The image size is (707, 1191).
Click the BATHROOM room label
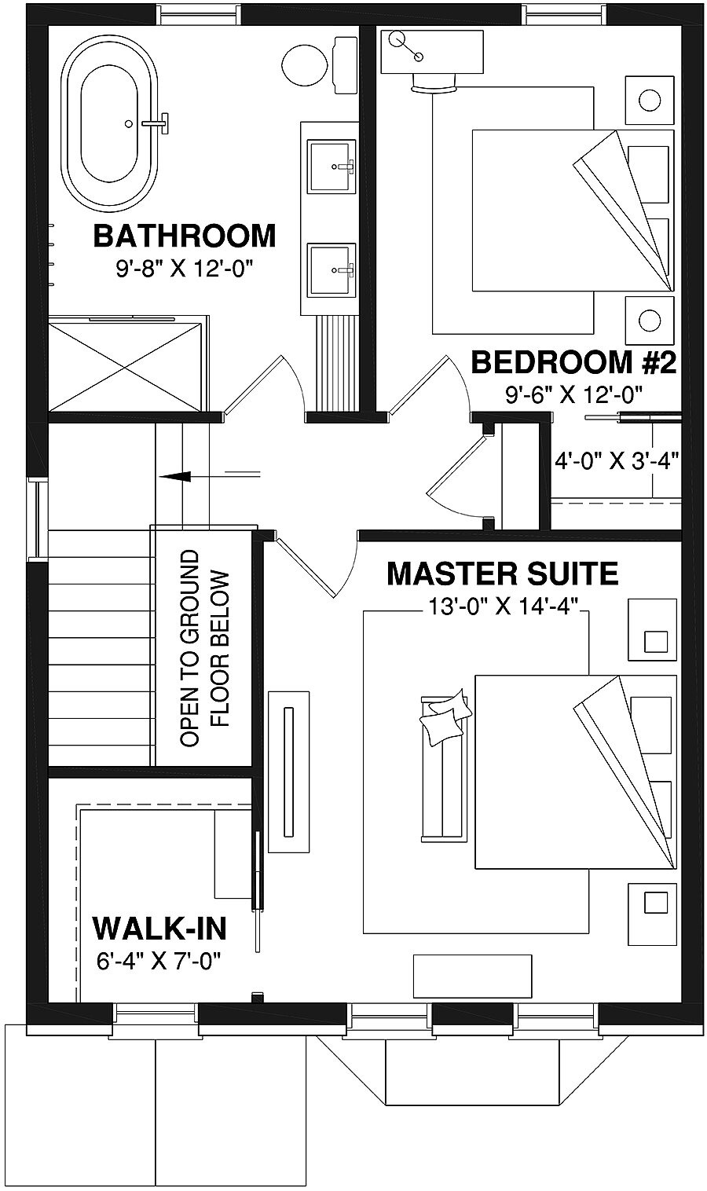point(185,235)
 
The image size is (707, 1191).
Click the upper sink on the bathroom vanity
point(331,166)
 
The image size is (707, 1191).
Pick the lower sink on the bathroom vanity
point(331,269)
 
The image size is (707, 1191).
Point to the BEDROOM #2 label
point(573,363)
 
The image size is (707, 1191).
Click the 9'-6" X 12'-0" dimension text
point(574,395)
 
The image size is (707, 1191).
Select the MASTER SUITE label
point(503,574)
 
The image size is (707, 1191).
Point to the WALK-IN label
point(159,928)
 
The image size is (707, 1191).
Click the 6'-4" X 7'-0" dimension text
point(159,960)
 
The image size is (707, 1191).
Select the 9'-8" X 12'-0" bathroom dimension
point(185,269)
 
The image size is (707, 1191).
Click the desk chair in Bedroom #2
point(434,83)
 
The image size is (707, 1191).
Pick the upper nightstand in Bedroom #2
point(649,100)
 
